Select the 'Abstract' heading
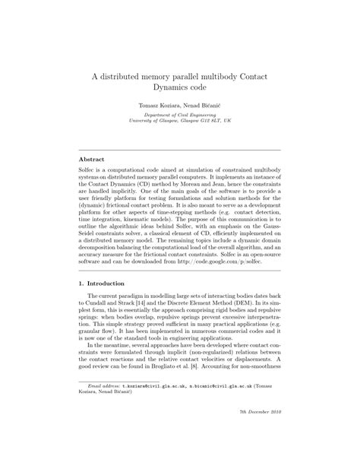click(x=92, y=159)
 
